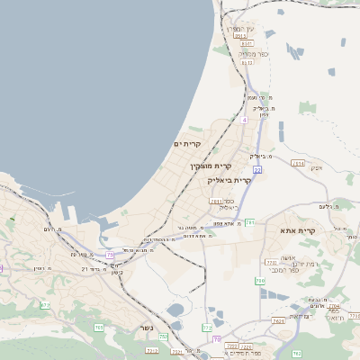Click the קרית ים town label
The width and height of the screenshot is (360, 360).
pyautogui.click(x=187, y=144)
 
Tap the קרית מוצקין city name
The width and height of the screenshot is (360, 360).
pyautogui.click(x=211, y=166)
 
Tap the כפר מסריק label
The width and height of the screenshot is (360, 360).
pyautogui.click(x=247, y=54)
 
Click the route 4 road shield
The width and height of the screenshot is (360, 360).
pyautogui.click(x=244, y=118)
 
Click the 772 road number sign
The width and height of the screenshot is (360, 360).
pyautogui.click(x=207, y=328)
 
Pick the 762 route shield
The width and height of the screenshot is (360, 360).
pyautogui.click(x=100, y=327)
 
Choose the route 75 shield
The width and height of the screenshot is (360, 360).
pyautogui.click(x=110, y=255)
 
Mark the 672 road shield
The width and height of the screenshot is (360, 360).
pyautogui.click(x=45, y=306)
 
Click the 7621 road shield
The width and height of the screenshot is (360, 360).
pyautogui.click(x=279, y=320)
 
